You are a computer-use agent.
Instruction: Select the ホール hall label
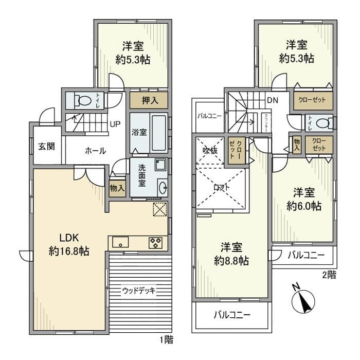(95, 151)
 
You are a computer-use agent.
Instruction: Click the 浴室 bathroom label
(139, 132)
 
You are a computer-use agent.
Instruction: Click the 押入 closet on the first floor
(149, 100)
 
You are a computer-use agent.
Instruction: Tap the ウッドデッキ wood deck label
(139, 291)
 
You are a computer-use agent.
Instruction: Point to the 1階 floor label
(166, 340)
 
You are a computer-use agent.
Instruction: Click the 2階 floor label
(329, 275)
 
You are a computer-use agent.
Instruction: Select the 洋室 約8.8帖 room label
(231, 254)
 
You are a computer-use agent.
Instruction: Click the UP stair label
(115, 124)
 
